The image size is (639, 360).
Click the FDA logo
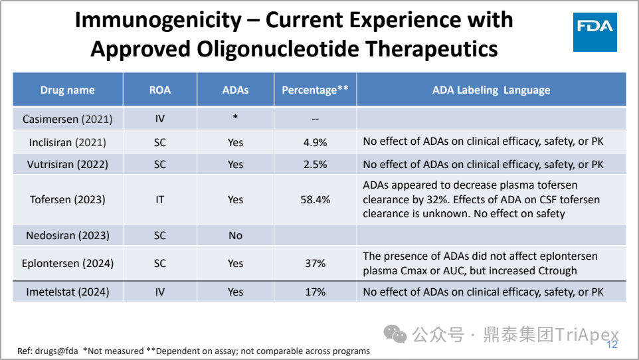click(594, 32)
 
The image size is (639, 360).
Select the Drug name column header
click(67, 90)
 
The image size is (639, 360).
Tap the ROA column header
click(159, 90)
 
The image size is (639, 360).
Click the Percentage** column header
click(315, 90)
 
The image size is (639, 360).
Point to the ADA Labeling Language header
click(491, 90)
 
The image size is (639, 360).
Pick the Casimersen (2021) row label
click(67, 119)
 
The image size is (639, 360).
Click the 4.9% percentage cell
click(315, 142)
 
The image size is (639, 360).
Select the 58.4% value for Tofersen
click(315, 199)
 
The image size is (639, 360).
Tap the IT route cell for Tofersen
click(159, 199)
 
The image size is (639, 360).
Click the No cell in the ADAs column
click(235, 235)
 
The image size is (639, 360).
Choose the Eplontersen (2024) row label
click(68, 264)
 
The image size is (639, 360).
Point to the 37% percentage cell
click(315, 264)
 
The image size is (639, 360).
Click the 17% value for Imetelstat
click(315, 292)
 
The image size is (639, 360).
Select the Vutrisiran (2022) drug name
click(68, 164)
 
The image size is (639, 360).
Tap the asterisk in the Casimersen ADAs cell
click(235, 117)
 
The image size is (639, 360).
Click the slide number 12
click(612, 345)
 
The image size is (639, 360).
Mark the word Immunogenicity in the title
click(158, 20)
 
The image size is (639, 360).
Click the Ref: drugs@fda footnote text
click(48, 351)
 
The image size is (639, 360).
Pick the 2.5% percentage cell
click(315, 164)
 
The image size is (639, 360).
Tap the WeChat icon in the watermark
click(395, 334)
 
